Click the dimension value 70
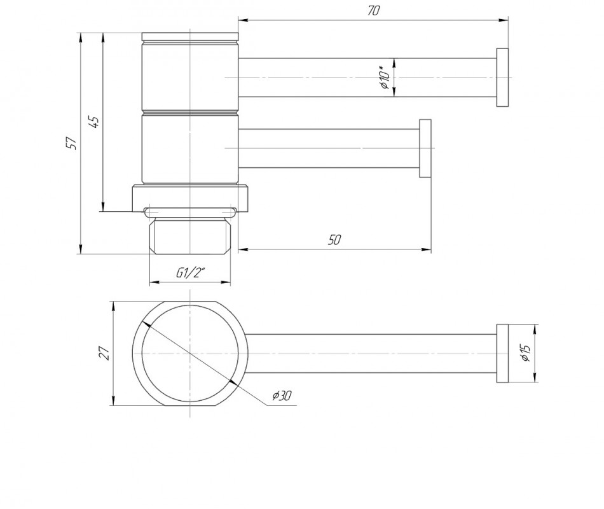click(373, 10)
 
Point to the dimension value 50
click(334, 240)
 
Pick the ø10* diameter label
click(385, 78)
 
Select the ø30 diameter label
click(282, 395)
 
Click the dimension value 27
click(105, 353)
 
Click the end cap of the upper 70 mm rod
click(502, 78)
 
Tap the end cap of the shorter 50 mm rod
click(425, 148)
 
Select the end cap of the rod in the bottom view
click(502, 354)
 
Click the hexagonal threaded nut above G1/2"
click(190, 235)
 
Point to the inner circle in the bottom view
click(142, 353)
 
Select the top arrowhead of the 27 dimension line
click(113, 307)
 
